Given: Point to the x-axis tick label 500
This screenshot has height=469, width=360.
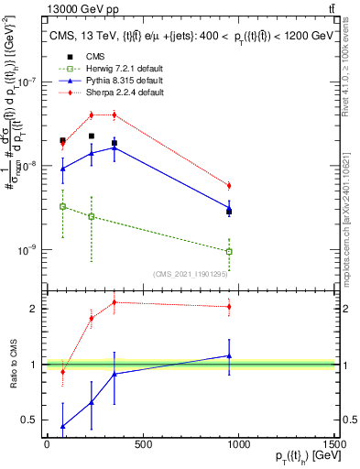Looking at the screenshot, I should [142, 445].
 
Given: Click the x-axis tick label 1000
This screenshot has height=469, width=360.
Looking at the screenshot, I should [238, 445].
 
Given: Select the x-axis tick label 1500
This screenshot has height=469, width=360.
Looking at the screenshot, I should [334, 445].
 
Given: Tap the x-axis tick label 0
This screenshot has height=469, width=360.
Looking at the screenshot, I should [46, 445].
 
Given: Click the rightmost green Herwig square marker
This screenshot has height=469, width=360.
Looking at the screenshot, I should [229, 251].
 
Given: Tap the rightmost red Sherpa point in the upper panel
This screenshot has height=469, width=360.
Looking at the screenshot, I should [229, 186].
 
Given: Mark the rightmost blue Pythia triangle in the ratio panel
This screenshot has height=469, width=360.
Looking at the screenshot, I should [229, 355].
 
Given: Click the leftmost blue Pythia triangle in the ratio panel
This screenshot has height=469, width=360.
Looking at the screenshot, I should [62, 426].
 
